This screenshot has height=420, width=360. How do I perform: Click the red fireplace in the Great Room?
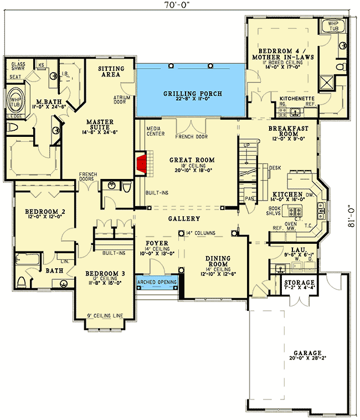142,165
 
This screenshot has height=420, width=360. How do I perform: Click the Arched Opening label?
157,282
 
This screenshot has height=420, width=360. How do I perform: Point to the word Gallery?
183,219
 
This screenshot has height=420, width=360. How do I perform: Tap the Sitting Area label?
111,71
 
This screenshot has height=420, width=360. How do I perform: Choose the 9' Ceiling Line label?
105,316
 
